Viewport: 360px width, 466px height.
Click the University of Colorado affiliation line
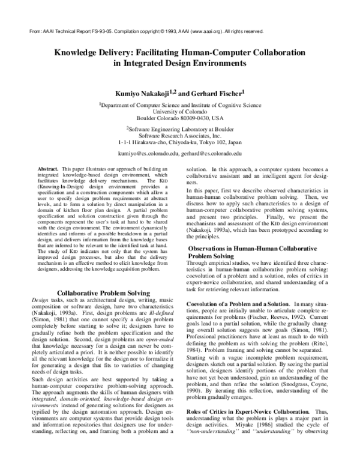point(180,111)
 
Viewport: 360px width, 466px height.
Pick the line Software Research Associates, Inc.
point(180,135)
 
